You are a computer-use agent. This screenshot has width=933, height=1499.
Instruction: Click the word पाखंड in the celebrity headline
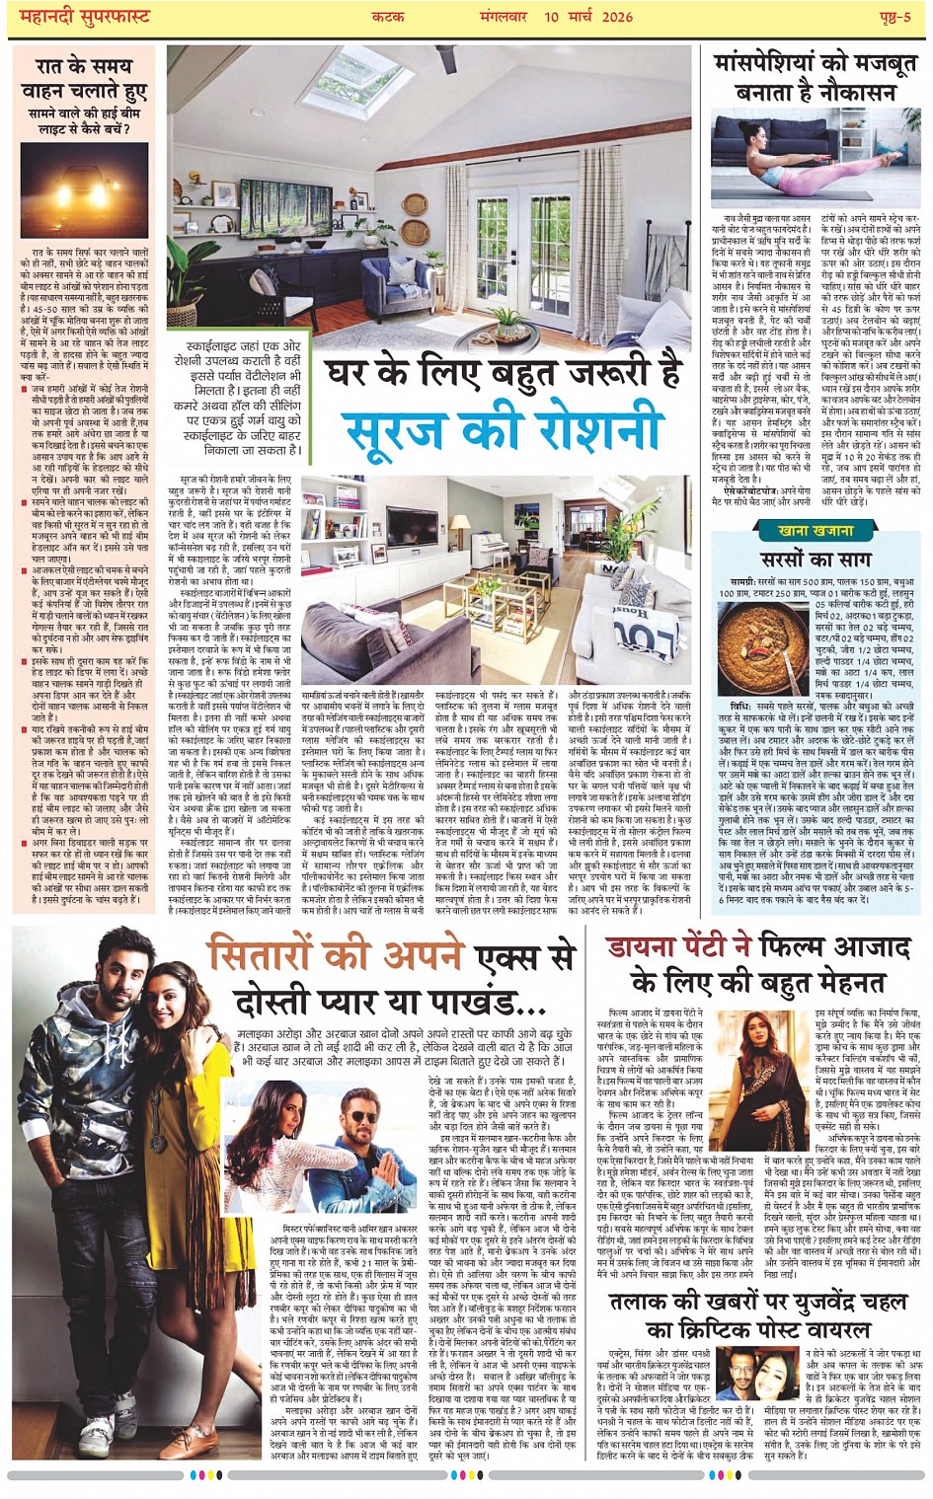473,1003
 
